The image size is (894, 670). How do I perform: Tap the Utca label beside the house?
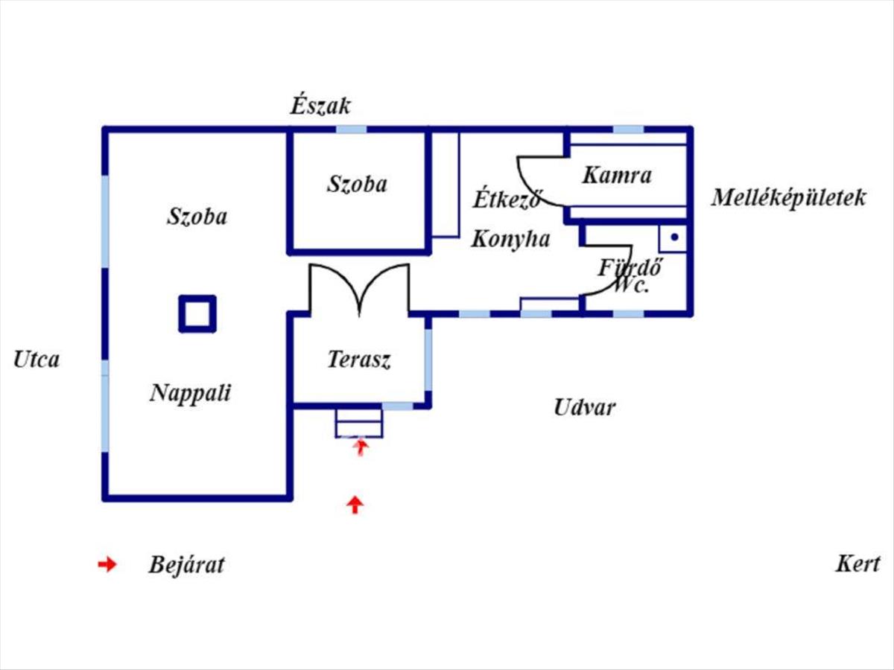point(37,360)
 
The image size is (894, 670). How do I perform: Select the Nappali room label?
point(191,393)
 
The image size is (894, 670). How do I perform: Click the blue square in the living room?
point(197,313)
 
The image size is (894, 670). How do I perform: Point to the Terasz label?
point(359,360)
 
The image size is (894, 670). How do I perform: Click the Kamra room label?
point(617,176)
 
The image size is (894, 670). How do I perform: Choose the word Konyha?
point(511,239)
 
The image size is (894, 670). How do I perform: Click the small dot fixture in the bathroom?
point(674,237)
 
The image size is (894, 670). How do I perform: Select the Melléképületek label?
point(788,199)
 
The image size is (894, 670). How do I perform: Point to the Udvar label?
point(585,407)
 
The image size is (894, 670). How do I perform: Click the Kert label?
point(857,564)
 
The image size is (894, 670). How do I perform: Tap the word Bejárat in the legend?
point(186,564)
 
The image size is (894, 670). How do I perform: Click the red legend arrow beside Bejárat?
point(107,564)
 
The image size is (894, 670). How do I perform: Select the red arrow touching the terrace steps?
point(361,447)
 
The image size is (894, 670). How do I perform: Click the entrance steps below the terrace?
point(359,423)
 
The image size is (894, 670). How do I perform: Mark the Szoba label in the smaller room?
point(357,184)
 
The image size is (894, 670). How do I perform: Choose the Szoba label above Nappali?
point(197,217)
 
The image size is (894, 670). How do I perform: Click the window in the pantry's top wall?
point(629,130)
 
